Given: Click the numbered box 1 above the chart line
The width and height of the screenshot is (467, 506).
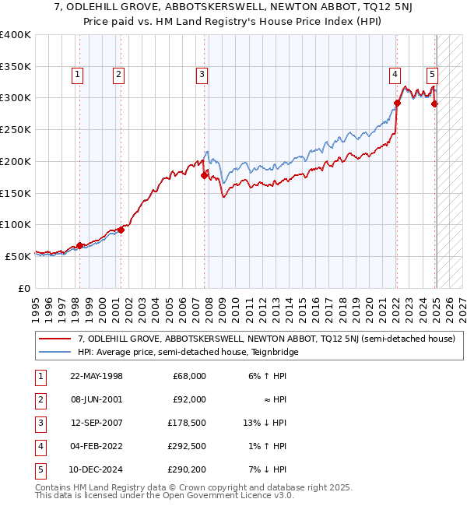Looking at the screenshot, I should point(79,75).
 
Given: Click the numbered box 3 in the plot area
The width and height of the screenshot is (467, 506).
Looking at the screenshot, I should point(202,75).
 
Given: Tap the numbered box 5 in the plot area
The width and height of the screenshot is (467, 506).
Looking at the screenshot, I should point(432,75).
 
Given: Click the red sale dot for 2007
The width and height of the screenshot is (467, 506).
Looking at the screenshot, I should point(205,175).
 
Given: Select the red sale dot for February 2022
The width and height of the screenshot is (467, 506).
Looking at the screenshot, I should point(397,103).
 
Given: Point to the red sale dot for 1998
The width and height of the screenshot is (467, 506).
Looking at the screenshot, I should point(79,245).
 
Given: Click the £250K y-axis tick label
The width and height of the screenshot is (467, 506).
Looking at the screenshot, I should point(16,129).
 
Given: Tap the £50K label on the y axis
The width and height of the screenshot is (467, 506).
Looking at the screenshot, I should point(19,255).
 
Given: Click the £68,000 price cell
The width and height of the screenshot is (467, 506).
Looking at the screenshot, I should point(188,376).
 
